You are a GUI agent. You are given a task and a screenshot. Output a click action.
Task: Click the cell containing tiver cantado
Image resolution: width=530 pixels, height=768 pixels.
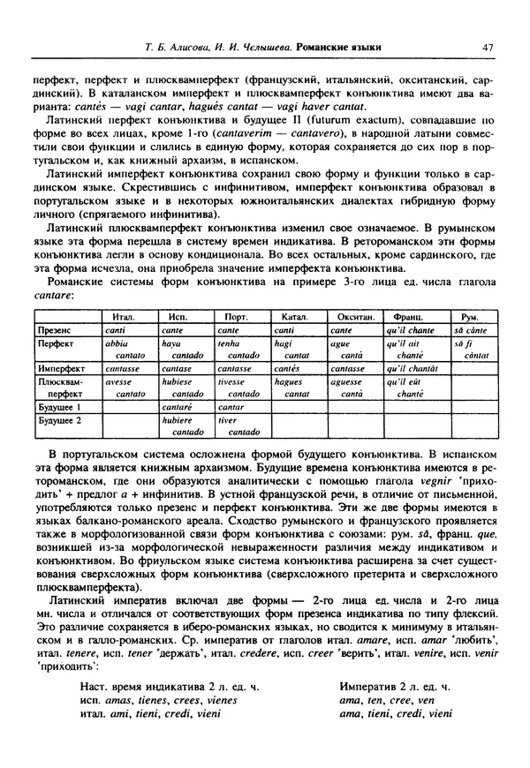click(x=238, y=426)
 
